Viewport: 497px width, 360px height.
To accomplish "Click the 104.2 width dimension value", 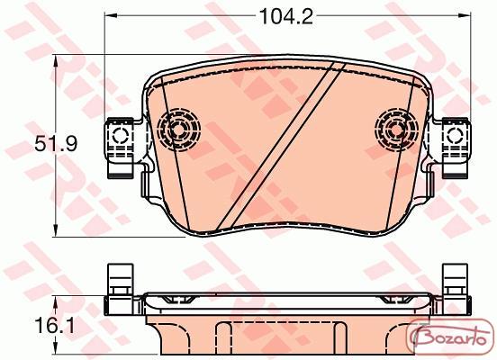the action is tap(286, 16).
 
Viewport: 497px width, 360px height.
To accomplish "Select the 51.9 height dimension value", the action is tap(56, 144).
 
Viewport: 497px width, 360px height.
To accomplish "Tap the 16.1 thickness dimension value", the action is tap(55, 326).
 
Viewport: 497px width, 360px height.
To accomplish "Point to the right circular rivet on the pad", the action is tap(396, 130).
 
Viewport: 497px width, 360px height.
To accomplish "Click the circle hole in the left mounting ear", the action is tap(121, 136).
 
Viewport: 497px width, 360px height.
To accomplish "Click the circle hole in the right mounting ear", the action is tap(455, 136).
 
